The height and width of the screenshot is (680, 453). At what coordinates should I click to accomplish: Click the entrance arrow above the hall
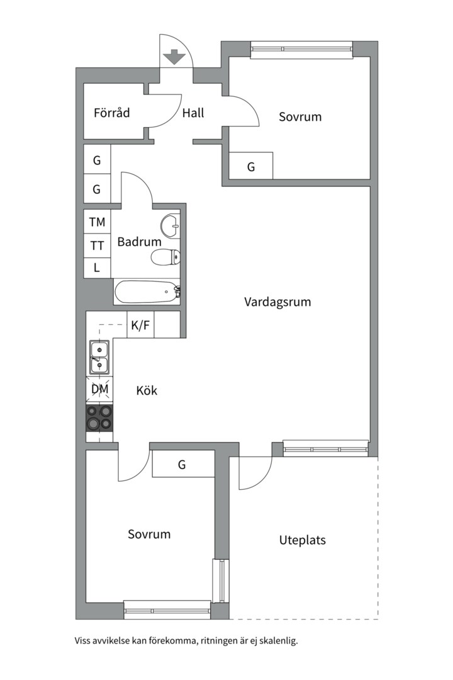(x=174, y=57)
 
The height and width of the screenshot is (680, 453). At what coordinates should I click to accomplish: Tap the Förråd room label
(x=111, y=113)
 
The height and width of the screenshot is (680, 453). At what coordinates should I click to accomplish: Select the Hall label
(x=193, y=113)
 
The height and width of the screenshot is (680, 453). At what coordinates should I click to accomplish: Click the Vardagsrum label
(x=277, y=302)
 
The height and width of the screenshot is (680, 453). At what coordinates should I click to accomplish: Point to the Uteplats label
(x=302, y=540)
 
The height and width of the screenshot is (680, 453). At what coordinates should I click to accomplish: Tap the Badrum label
(x=139, y=241)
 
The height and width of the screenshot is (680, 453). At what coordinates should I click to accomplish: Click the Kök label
(x=147, y=390)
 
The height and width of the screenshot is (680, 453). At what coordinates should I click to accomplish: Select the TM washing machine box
(x=97, y=222)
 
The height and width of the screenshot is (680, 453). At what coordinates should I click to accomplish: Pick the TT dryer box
(x=97, y=245)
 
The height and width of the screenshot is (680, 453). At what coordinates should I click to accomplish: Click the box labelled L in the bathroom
(x=97, y=268)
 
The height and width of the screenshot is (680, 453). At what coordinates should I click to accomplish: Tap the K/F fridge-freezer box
(x=140, y=326)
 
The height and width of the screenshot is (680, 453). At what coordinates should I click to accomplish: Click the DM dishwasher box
(x=99, y=389)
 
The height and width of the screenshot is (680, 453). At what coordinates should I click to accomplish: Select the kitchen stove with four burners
(x=99, y=417)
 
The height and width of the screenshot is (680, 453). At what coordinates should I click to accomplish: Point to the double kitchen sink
(x=99, y=357)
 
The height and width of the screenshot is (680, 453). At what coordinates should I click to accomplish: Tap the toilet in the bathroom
(x=166, y=256)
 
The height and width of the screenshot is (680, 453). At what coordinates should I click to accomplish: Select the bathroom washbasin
(x=171, y=224)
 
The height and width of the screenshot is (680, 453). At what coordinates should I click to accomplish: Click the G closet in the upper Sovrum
(x=250, y=167)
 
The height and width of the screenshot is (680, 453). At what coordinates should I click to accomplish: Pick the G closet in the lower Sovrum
(x=182, y=465)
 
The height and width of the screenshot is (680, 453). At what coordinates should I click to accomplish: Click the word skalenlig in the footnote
(x=277, y=642)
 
